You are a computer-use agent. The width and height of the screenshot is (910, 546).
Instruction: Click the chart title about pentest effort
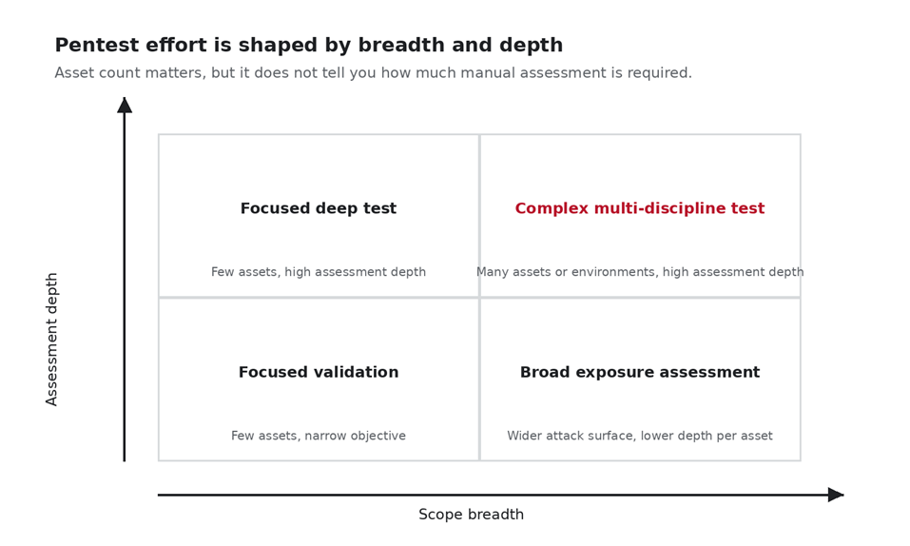tap(309, 45)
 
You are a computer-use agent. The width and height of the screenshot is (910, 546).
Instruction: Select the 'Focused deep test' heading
tap(318, 208)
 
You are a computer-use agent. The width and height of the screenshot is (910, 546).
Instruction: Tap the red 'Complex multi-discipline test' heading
tap(640, 208)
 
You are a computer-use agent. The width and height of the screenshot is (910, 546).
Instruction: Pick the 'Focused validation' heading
tap(318, 372)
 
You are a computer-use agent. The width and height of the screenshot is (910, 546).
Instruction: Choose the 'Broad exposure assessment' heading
tap(640, 372)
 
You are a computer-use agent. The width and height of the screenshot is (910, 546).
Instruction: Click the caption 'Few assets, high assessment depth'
tap(318, 272)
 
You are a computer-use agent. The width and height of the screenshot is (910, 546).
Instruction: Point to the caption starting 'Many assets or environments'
tap(640, 272)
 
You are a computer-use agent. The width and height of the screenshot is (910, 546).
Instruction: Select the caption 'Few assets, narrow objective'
tap(318, 436)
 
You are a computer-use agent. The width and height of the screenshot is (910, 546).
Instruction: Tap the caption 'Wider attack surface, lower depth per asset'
tap(640, 436)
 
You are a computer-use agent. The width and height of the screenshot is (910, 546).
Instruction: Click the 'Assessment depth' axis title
tap(51, 340)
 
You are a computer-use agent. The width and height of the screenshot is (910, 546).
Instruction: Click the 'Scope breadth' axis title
tap(471, 514)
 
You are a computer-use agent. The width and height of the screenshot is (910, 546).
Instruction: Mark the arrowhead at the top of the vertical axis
tap(125, 106)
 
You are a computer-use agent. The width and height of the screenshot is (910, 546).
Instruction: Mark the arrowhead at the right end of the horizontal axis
tap(836, 495)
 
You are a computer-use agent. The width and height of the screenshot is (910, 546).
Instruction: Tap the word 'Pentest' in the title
tap(97, 45)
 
